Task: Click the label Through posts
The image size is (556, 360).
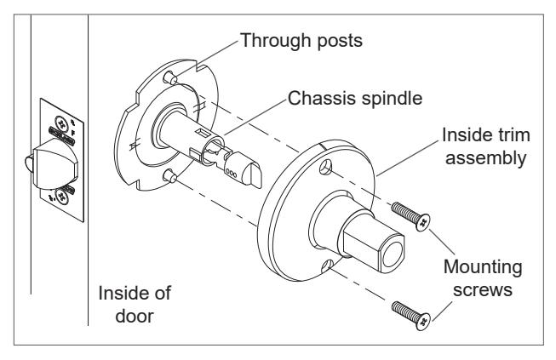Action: click(x=301, y=40)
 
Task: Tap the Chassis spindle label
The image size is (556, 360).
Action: click(x=355, y=99)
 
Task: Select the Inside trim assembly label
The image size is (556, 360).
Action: click(x=486, y=146)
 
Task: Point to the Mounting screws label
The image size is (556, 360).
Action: click(x=483, y=278)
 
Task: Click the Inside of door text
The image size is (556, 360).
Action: click(x=135, y=305)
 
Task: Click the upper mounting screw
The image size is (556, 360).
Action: click(x=411, y=216)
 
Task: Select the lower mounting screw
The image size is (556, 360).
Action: click(x=411, y=316)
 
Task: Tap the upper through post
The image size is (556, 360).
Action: click(x=169, y=77)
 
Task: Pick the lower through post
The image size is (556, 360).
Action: click(x=169, y=176)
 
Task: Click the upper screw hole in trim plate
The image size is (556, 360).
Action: click(x=325, y=168)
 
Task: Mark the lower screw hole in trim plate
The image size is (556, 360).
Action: click(x=327, y=267)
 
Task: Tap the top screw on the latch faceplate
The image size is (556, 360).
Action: click(x=61, y=123)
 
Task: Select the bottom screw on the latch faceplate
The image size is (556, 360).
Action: click(x=62, y=197)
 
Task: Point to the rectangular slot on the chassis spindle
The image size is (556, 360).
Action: click(x=203, y=134)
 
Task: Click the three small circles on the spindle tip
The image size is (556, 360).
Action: click(x=231, y=174)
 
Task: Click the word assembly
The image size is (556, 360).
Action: click(x=486, y=158)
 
